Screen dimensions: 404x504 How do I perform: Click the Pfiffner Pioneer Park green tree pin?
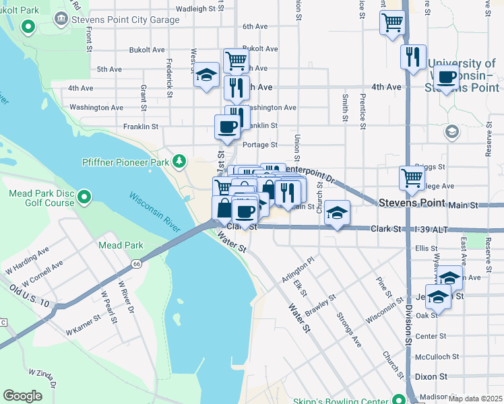179,161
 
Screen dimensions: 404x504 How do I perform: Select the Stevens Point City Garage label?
125,20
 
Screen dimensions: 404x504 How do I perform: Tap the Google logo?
23,396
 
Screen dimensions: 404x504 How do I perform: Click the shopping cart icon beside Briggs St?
412,178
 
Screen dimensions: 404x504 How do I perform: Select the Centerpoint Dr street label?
311,174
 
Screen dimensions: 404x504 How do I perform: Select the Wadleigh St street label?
199,9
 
